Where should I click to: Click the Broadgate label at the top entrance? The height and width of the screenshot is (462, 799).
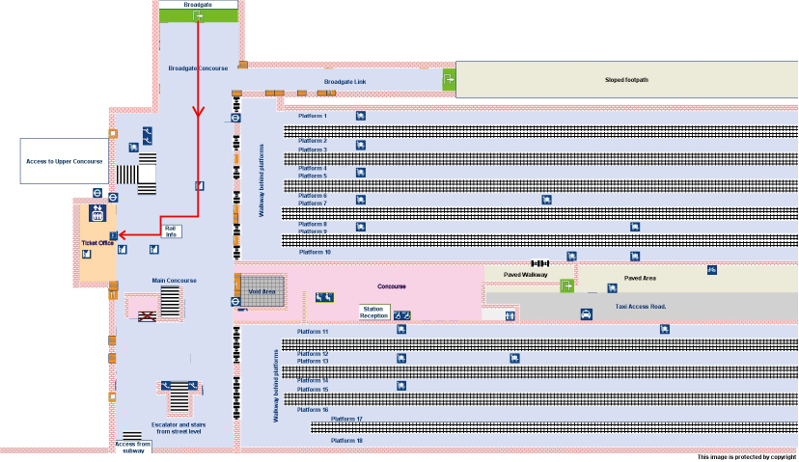pos(198,4)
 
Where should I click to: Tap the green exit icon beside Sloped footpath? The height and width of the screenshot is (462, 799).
pos(449,80)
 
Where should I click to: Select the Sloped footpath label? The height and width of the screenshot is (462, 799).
pos(626,79)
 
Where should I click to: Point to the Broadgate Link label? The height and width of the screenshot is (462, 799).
pos(344,82)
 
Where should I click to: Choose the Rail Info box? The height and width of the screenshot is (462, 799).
pos(171,231)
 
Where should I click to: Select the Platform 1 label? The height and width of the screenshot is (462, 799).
pos(312,116)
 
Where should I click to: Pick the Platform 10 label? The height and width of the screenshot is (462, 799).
pos(315,252)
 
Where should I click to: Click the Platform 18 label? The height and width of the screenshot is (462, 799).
pos(346,440)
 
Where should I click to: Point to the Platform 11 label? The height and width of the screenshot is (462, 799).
pos(313,331)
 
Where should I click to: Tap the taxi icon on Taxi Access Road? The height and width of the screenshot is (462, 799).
pos(586,314)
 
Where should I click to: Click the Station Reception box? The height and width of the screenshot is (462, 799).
pos(373,313)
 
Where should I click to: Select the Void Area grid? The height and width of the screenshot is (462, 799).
pos(262,290)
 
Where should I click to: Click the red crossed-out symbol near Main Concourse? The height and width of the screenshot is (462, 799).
pos(147,315)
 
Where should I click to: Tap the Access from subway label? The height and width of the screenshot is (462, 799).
pos(133,447)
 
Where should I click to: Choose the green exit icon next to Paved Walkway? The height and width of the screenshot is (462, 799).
pos(567,285)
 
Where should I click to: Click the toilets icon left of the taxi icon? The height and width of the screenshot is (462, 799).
pos(510,314)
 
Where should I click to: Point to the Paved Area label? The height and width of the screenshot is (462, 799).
pos(641,278)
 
